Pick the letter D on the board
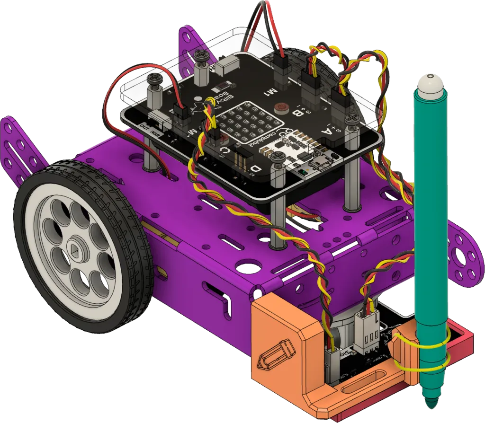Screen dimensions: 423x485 pos(256,168)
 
